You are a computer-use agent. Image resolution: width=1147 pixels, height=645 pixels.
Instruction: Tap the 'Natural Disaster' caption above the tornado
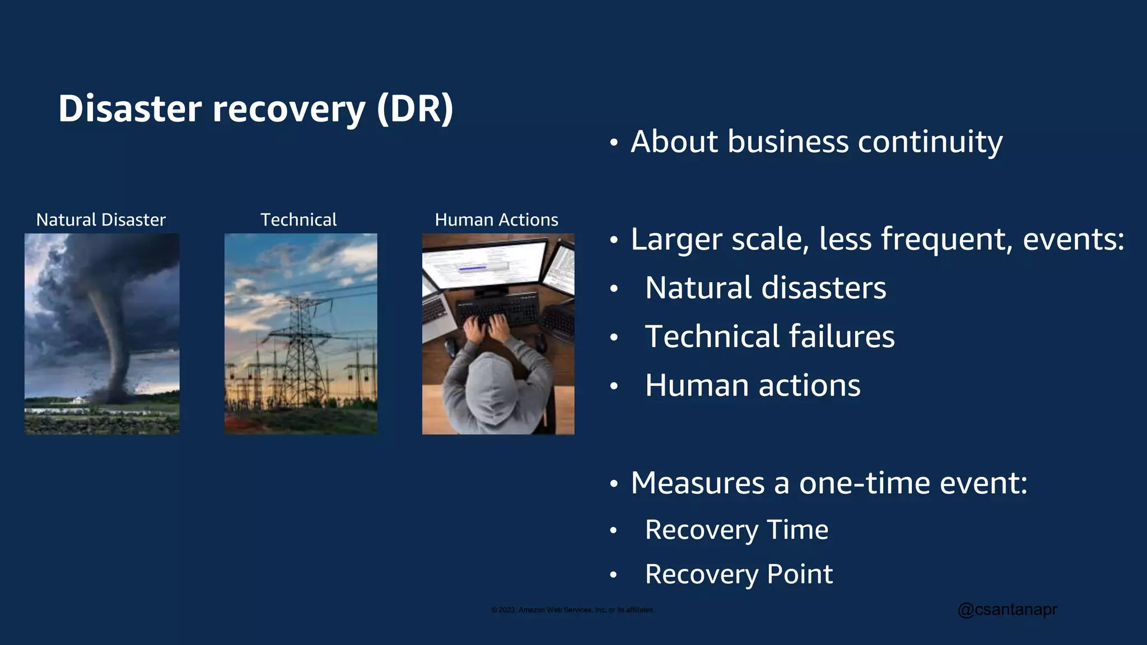(101, 219)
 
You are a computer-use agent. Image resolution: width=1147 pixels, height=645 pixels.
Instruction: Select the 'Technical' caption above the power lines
(299, 219)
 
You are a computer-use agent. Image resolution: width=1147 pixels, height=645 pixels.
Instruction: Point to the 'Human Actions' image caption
(496, 219)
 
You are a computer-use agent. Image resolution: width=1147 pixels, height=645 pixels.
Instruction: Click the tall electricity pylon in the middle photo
(301, 347)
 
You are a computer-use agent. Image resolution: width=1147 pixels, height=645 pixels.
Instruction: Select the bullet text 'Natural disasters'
(765, 288)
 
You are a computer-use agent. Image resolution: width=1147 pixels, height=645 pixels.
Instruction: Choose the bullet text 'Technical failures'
(770, 336)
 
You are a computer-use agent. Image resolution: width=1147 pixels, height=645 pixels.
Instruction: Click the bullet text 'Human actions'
(752, 385)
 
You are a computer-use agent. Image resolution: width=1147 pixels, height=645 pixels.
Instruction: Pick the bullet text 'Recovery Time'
(736, 530)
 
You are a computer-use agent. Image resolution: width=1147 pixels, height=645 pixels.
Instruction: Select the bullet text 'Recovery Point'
(738, 574)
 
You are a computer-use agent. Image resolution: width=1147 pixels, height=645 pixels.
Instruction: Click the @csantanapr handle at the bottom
(1007, 609)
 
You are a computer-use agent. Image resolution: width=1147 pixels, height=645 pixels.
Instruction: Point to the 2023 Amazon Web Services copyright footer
(572, 610)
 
